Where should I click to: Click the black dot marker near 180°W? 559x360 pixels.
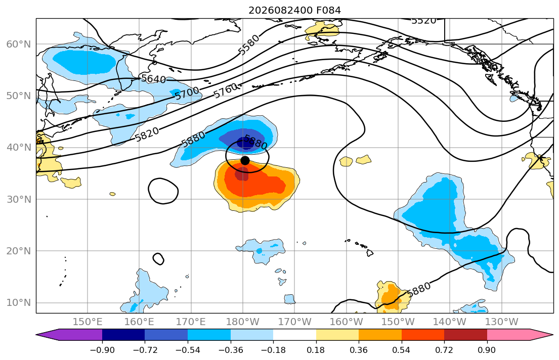pyautogui.click(x=245, y=160)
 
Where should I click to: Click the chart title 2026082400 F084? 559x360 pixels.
pyautogui.click(x=294, y=10)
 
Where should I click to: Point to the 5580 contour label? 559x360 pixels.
pyautogui.click(x=248, y=46)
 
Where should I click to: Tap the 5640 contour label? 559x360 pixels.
pyautogui.click(x=154, y=79)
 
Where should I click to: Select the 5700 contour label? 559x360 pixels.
pyautogui.click(x=187, y=94)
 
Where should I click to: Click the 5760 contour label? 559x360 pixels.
pyautogui.click(x=226, y=91)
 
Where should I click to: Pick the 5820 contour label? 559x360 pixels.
pyautogui.click(x=147, y=134)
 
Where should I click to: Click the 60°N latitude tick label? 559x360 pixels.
pyautogui.click(x=19, y=44)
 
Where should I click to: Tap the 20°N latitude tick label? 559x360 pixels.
pyautogui.click(x=19, y=251)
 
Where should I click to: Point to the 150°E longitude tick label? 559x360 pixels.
pyautogui.click(x=88, y=322)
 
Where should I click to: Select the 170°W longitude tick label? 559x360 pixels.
pyautogui.click(x=294, y=322)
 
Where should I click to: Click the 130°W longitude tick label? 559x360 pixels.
pyautogui.click(x=502, y=322)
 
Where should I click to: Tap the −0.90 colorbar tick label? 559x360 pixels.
pyautogui.click(x=102, y=350)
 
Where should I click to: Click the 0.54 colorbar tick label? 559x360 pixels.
pyautogui.click(x=402, y=350)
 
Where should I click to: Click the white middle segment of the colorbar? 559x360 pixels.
pyautogui.click(x=294, y=335)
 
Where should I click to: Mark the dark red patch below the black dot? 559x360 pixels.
pyautogui.click(x=242, y=174)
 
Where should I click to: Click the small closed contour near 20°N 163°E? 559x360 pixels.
pyautogui.click(x=158, y=259)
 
